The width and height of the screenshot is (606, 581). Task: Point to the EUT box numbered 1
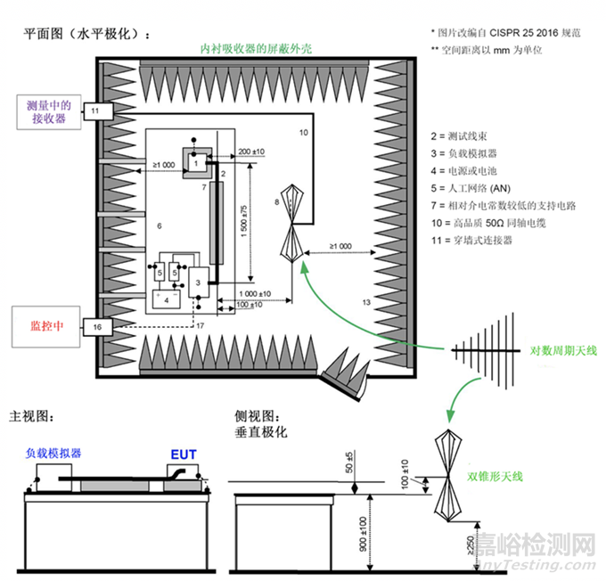coord(193,164)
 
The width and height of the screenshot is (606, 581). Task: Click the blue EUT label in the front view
coord(183,453)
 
